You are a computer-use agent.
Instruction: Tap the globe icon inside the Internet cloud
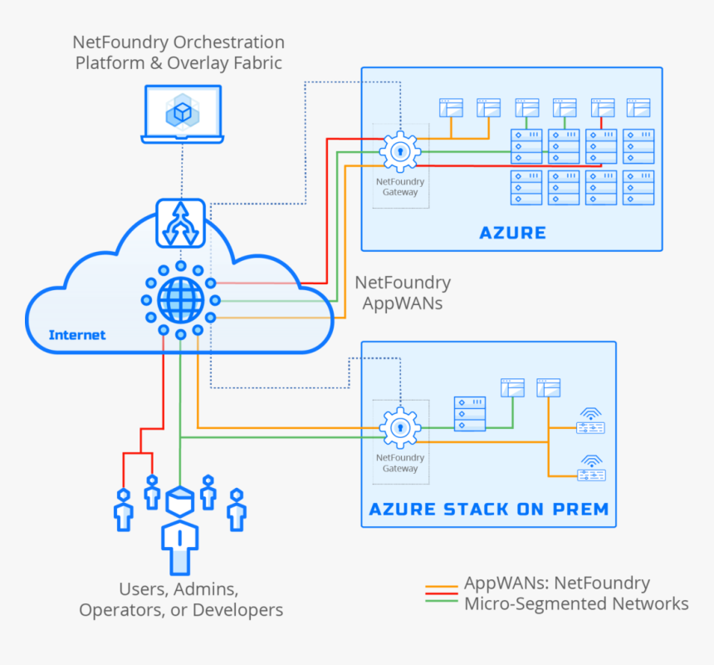(x=180, y=298)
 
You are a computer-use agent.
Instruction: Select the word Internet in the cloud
(x=77, y=335)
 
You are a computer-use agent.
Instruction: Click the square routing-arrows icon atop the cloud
(x=180, y=222)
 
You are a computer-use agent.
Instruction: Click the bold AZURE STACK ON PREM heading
(x=488, y=509)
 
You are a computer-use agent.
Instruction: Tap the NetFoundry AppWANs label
(x=403, y=293)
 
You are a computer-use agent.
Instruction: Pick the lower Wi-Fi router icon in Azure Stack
(x=591, y=468)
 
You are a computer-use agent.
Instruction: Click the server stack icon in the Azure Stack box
(x=470, y=414)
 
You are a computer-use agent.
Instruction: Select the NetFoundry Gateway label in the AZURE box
(x=400, y=187)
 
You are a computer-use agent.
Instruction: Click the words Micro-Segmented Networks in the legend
(x=576, y=603)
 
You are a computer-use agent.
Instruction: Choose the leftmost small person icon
(x=124, y=510)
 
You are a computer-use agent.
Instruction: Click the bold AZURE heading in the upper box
(x=512, y=233)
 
